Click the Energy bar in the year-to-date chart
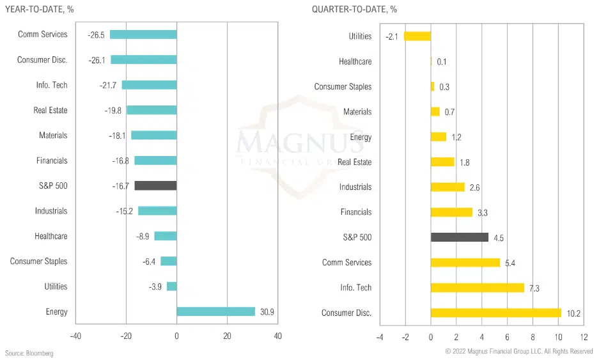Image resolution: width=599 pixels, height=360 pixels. click(x=215, y=311)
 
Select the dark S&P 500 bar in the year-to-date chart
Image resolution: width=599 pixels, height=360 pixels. click(x=155, y=186)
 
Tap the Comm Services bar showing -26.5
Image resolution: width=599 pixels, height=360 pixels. click(x=143, y=35)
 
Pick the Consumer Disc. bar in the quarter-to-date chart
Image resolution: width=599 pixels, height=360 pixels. click(x=495, y=313)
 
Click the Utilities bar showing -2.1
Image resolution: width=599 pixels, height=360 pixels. click(x=417, y=36)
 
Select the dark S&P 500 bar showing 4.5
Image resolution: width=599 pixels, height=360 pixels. click(x=460, y=237)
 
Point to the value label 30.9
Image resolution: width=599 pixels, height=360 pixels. click(x=267, y=311)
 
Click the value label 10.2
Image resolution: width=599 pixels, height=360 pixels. click(x=573, y=313)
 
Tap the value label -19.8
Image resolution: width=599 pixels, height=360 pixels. click(x=114, y=111)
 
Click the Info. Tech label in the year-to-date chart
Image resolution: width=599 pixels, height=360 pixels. click(x=52, y=85)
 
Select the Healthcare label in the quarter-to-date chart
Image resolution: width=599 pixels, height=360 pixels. click(x=355, y=61)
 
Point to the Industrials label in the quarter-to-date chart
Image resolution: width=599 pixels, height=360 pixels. click(x=355, y=187)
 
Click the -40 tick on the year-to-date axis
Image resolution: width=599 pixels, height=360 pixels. click(x=75, y=336)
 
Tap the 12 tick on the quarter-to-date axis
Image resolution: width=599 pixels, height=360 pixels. click(x=583, y=336)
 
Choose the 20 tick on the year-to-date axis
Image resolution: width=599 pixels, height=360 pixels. click(x=227, y=336)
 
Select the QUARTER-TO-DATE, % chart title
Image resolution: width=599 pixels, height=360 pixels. click(x=354, y=9)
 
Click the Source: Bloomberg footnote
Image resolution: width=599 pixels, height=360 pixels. click(x=29, y=353)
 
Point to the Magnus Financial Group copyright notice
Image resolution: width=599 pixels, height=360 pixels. click(x=519, y=352)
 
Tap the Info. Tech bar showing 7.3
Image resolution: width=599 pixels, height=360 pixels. click(x=478, y=288)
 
